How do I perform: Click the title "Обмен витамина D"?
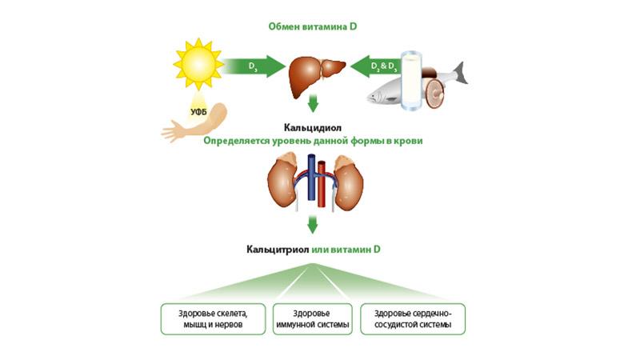pos(311,26)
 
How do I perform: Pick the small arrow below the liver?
pos(314,102)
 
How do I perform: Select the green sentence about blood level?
pos(313,141)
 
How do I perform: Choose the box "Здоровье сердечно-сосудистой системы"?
pos(413,318)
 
